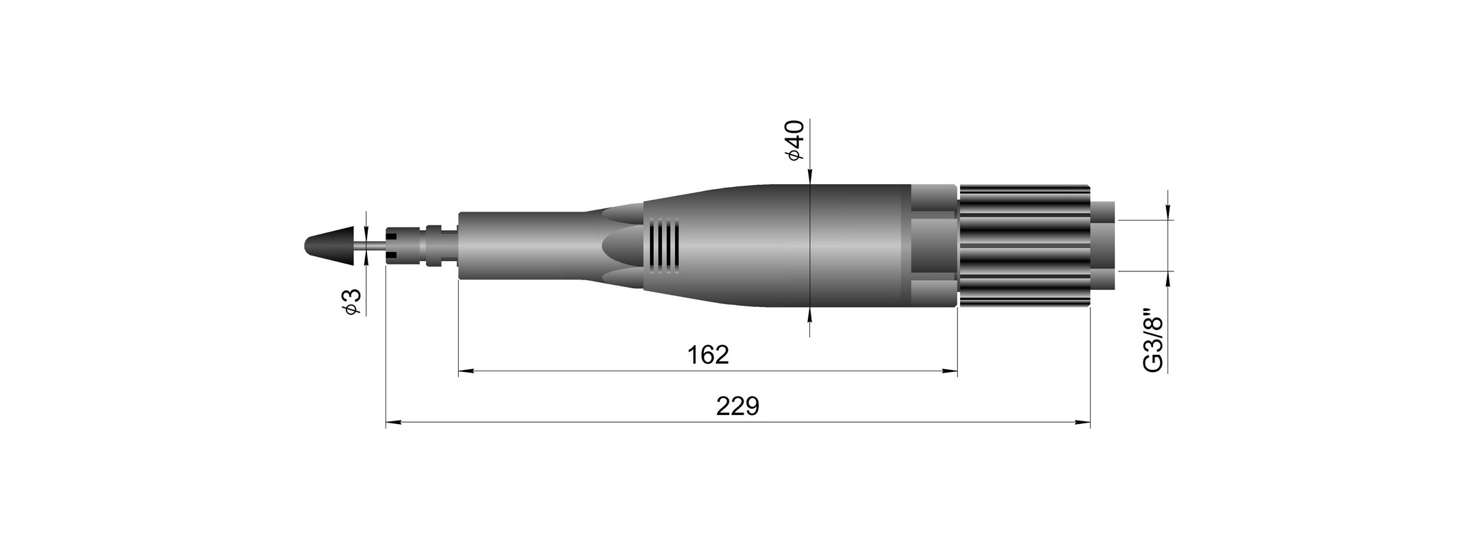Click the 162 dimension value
click(x=709, y=355)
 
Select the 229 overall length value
click(x=738, y=406)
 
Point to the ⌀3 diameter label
click(x=351, y=302)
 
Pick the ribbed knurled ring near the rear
click(x=1024, y=246)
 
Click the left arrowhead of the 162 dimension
click(x=466, y=371)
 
